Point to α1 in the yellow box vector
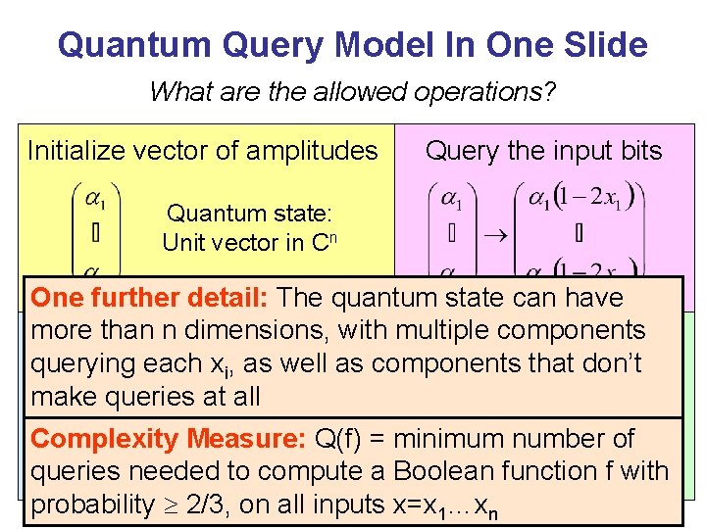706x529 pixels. [x=95, y=200]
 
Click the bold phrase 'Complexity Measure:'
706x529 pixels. [x=170, y=439]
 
